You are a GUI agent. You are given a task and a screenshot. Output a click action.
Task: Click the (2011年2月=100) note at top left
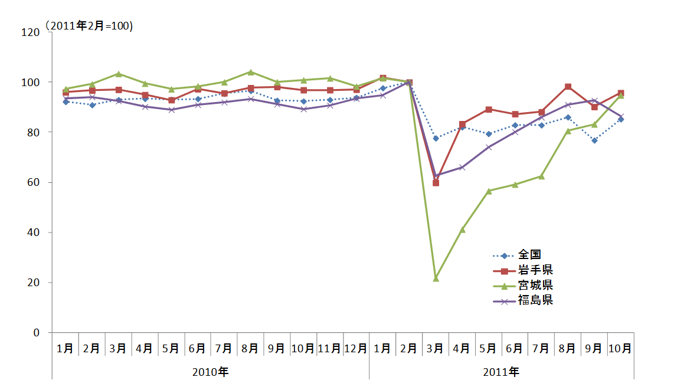coord(89,27)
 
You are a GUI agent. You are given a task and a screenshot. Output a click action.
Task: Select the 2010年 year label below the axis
coord(211,372)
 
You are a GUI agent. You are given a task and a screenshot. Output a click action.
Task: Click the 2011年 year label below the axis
coord(501,372)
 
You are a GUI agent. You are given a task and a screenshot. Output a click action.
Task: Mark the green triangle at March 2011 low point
coord(436,278)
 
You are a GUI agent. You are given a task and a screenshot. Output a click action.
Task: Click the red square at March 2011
coord(436,183)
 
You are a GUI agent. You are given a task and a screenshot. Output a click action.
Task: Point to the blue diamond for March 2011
coord(436,138)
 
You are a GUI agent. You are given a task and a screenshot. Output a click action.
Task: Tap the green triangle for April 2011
coord(463,229)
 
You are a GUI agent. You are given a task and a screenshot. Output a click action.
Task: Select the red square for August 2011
coord(568,87)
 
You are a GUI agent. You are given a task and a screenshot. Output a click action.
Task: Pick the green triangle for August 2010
coord(251,72)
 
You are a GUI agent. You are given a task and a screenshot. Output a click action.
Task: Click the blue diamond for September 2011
coord(594,140)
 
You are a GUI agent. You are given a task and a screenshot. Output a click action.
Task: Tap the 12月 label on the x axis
coord(356,348)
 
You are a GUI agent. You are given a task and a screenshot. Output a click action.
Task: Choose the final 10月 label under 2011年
coord(621,348)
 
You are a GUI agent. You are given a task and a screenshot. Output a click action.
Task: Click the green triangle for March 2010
coord(119,74)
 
